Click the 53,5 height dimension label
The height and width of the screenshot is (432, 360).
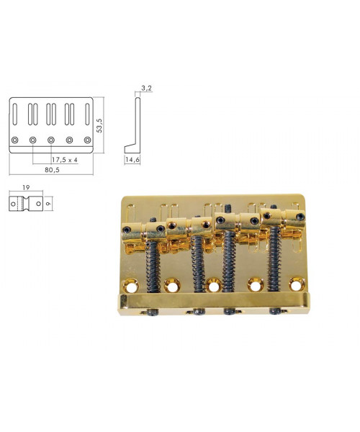click(x=99, y=125)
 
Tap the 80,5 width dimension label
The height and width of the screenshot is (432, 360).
click(x=52, y=170)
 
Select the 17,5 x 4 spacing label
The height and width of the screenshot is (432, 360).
click(x=65, y=160)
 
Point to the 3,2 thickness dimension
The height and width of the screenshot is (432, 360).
click(x=147, y=88)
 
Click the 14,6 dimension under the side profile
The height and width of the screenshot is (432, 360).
click(x=132, y=160)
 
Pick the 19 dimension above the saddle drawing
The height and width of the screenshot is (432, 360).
click(x=26, y=188)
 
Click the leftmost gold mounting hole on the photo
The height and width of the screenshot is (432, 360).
click(x=130, y=286)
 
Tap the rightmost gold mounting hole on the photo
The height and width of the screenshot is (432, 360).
click(x=297, y=284)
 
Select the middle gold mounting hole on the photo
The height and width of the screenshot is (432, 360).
click(x=214, y=285)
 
